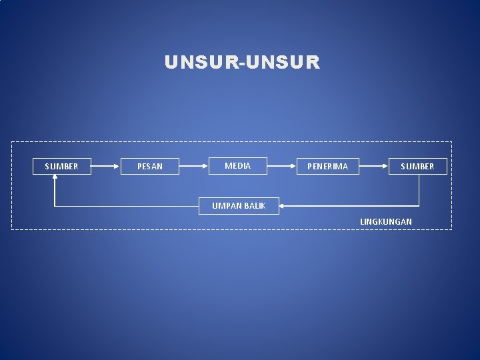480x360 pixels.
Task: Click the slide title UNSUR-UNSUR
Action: point(242,63)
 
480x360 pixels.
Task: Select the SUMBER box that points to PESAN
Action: point(61,166)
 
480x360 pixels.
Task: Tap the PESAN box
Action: point(149,166)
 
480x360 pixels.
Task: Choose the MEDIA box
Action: point(237,165)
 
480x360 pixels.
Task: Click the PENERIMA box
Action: point(327,166)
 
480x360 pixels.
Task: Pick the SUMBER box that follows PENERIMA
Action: point(417,166)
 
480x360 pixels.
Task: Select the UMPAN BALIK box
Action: point(239,205)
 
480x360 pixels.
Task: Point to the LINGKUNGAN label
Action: point(386,221)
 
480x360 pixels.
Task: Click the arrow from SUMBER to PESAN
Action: point(105,166)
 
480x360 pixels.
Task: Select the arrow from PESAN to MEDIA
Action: point(194,165)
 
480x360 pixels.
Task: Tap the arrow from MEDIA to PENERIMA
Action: point(282,165)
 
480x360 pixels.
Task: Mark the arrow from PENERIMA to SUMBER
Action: point(374,166)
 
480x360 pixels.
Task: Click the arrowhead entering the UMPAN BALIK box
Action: point(281,206)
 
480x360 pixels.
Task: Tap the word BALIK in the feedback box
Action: point(254,205)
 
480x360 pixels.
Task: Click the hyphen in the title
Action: point(242,63)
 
